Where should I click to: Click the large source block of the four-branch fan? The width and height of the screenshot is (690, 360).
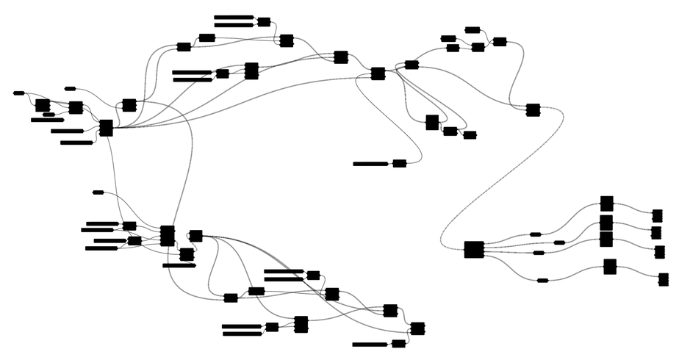pos(474,250)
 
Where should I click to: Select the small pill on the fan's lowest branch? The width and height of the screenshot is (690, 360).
pos(542,280)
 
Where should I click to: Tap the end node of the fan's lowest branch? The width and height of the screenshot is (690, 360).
pos(664,279)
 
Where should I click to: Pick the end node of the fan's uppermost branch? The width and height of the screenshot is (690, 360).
pos(658,215)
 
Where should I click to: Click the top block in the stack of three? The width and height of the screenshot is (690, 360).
pos(606,204)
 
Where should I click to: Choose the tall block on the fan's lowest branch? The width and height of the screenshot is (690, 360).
pos(610,267)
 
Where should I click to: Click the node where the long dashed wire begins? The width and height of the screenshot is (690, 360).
pos(533,110)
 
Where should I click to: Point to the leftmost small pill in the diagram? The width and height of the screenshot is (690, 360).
pos(19,93)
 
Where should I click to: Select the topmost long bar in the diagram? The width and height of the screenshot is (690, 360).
pos(234,17)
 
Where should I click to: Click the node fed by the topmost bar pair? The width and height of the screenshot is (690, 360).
pos(264,22)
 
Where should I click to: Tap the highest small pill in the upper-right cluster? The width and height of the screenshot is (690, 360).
pos(472,30)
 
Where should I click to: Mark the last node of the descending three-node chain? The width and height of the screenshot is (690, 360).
pos(470,135)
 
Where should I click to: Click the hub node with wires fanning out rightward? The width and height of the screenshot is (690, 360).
pos(106,128)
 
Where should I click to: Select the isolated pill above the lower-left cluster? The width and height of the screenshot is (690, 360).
pos(98,192)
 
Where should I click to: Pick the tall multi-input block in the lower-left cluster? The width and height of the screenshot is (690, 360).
pos(168,236)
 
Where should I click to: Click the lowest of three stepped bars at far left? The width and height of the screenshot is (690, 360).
pos(76,143)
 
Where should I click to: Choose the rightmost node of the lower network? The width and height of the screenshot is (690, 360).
pos(417,328)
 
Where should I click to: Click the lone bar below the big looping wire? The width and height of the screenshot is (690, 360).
pos(371,164)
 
